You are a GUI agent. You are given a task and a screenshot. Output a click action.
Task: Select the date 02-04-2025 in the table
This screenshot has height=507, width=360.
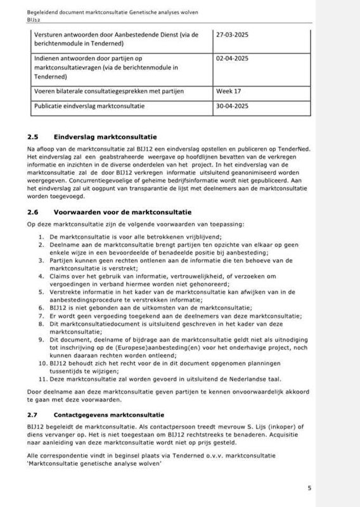(235, 58)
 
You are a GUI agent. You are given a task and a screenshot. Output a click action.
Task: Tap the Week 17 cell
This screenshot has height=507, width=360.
(229, 91)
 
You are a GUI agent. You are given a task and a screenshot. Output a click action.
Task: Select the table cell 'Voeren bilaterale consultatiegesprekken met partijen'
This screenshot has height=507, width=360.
(113, 91)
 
